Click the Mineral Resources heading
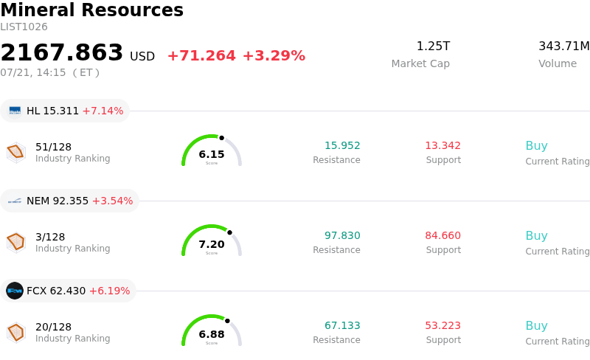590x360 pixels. coord(91,10)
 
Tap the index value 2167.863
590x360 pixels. coord(62,52)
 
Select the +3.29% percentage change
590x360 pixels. coord(274,56)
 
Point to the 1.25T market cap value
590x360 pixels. coord(433,46)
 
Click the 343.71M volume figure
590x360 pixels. coord(564,46)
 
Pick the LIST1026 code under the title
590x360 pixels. coord(24,27)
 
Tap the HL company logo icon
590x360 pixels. coord(15,111)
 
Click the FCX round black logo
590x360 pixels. coord(15,291)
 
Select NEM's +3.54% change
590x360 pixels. coord(113,201)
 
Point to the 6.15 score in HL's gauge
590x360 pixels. coord(212,154)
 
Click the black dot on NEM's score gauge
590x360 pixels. coord(229,232)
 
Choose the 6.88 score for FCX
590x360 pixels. coord(212,334)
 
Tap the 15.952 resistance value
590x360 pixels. coord(342,145)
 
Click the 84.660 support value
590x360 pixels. coord(443,235)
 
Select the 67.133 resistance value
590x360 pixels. coord(342,325)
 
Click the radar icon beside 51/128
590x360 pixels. coord(16,152)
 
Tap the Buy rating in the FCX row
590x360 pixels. coord(537,325)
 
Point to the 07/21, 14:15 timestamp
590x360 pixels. coord(33,72)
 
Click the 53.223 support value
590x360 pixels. coord(443,325)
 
